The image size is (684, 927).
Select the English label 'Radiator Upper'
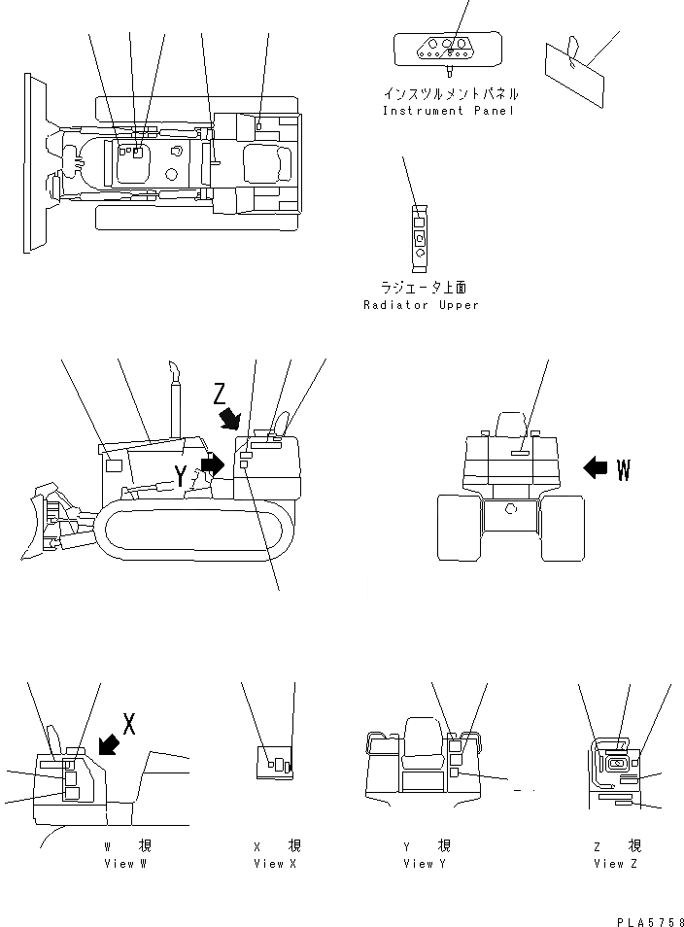click(x=421, y=305)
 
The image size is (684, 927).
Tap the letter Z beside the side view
click(x=221, y=394)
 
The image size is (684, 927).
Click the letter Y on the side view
click(x=182, y=474)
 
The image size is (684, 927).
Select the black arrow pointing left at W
click(x=595, y=467)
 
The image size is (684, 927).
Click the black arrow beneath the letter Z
click(x=231, y=418)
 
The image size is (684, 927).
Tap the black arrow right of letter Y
click(x=212, y=463)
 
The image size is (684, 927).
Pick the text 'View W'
click(x=124, y=863)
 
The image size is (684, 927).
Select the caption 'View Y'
click(x=425, y=863)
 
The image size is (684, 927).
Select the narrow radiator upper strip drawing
click(x=420, y=235)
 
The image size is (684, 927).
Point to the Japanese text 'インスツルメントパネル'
click(x=450, y=94)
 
